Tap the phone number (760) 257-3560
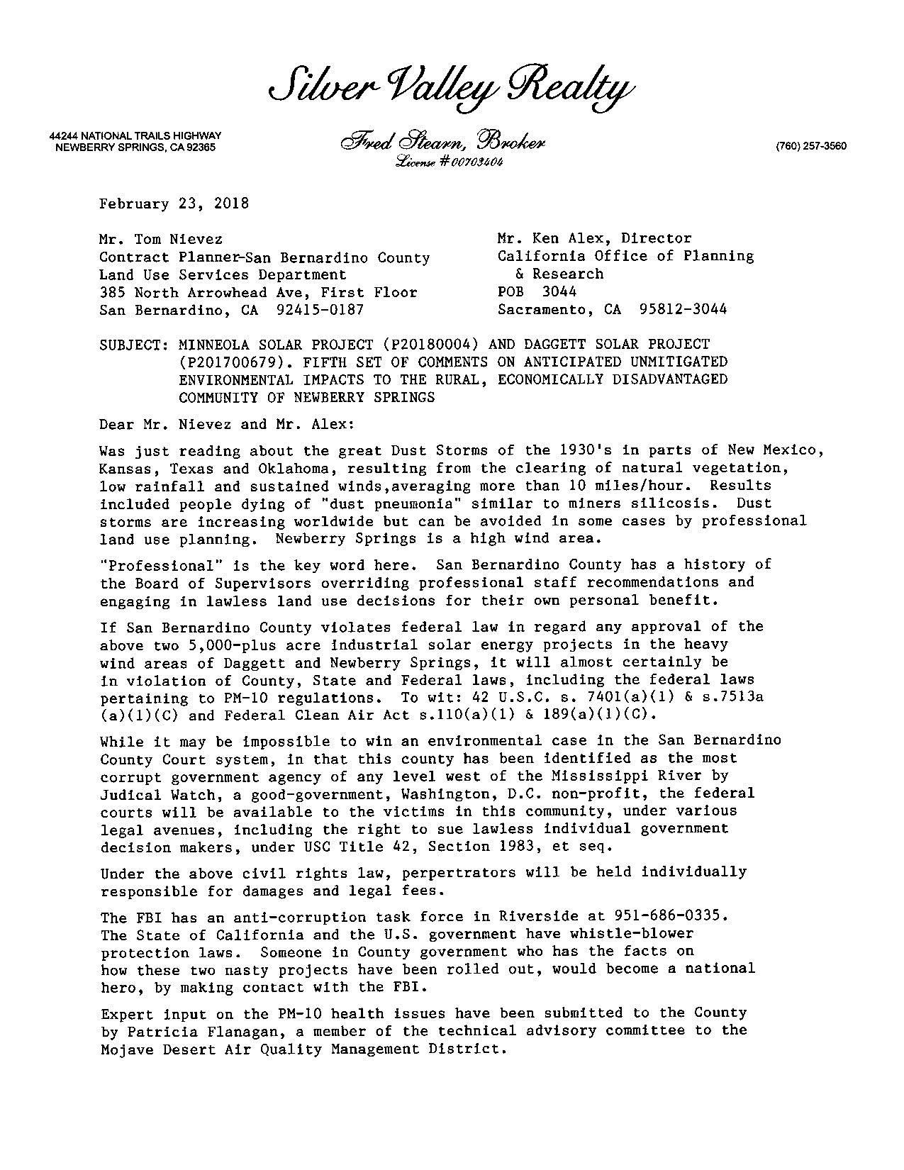point(811,147)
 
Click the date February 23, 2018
point(174,204)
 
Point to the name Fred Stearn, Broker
point(442,142)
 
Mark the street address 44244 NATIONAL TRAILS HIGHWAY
point(135,135)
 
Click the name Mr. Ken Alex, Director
point(594,238)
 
